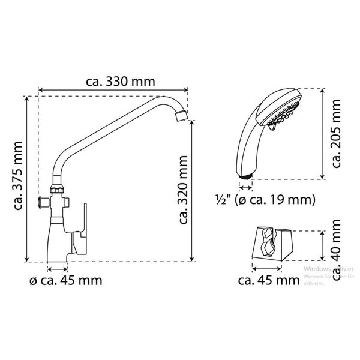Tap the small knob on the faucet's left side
[42, 202]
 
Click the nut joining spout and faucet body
[57, 191]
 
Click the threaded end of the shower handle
[245, 176]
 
